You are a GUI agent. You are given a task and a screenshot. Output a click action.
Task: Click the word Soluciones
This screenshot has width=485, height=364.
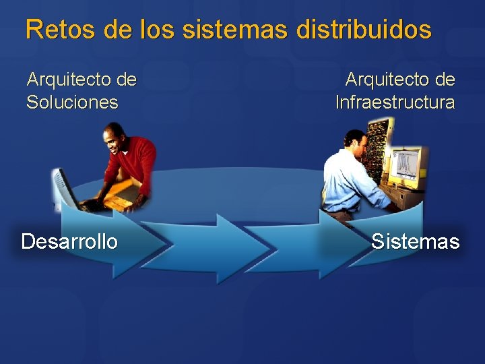[72, 102]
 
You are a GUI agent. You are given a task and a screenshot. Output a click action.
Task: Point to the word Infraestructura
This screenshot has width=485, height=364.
[395, 102]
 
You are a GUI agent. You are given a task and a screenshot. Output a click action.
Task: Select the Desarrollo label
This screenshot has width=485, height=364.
[69, 241]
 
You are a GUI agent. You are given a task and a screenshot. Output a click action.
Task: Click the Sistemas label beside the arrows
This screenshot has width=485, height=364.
[415, 241]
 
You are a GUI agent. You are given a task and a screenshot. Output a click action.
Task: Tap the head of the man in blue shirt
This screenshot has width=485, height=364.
[356, 143]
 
